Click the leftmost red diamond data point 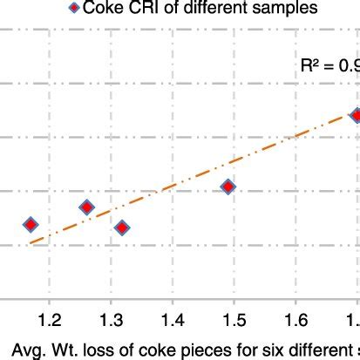point(31,224)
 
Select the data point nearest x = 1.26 point(86,207)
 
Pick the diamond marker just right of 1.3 point(122,228)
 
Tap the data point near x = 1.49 point(228,187)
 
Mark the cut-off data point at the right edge point(356,115)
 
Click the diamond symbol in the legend point(72,9)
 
